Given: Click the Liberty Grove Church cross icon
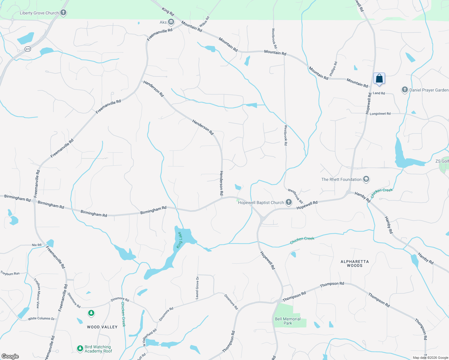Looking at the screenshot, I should [63, 13].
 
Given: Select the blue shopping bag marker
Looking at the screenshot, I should [379, 79].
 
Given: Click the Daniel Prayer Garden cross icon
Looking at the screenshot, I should [405, 90].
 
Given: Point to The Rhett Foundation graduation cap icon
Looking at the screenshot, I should [366, 179].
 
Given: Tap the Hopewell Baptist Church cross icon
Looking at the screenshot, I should [288, 202].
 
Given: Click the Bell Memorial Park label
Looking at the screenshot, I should [288, 321].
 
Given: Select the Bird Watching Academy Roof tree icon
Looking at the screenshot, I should [80, 348].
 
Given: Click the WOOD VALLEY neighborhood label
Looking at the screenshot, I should [102, 327].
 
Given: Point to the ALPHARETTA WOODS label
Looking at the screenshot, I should [354, 263].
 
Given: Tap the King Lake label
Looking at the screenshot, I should [179, 240].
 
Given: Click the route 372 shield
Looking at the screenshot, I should [28, 49].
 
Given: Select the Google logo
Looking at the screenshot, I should [10, 356].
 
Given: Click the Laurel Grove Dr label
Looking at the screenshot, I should [197, 288].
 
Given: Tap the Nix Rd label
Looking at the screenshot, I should [37, 245].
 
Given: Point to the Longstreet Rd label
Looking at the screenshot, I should [380, 114].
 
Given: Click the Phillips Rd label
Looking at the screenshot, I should [333, 69].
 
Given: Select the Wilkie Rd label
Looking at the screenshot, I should [204, 22].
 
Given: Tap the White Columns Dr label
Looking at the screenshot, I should [41, 319].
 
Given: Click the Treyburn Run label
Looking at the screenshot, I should [10, 274].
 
